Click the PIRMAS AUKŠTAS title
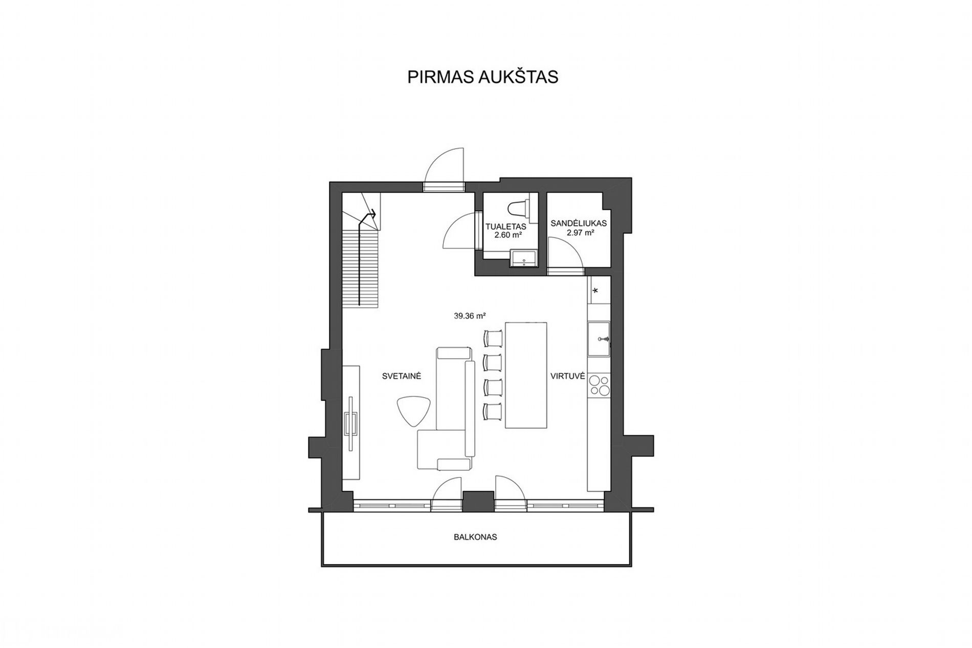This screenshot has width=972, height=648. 482,77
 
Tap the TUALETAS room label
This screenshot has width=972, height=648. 506,227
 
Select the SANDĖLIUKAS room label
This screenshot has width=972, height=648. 579,224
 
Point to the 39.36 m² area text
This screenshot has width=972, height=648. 470,316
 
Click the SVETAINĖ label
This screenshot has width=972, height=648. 402,376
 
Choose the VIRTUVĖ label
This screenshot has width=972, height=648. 567,376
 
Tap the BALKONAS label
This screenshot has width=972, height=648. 475,538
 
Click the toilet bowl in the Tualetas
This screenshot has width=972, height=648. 520,209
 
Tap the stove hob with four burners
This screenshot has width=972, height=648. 599,386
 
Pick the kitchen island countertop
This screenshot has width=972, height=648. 526,375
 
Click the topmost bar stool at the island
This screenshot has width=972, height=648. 493,338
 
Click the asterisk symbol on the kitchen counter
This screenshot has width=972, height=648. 595,291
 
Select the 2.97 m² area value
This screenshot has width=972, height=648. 580,233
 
